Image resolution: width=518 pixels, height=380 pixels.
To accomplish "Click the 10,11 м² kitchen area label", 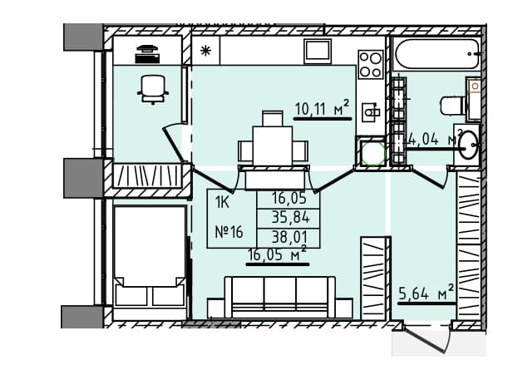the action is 322,108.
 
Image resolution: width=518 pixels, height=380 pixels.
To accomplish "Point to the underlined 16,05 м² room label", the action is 277,254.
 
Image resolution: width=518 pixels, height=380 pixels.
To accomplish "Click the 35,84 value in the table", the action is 290,217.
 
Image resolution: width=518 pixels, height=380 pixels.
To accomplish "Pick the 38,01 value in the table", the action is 289,237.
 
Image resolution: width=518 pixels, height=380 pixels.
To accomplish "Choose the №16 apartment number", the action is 229,232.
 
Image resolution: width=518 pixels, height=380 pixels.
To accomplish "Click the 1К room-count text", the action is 222,202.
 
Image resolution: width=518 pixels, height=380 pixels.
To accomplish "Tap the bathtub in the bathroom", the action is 436,54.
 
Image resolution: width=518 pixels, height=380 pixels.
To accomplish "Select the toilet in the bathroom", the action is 453,105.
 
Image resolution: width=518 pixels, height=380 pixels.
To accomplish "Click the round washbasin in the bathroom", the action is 468,145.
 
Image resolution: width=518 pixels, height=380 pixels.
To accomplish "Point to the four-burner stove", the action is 371,64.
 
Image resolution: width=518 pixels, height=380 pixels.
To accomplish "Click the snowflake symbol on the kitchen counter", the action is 206,51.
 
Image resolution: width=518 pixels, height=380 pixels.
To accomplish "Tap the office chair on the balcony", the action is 153,89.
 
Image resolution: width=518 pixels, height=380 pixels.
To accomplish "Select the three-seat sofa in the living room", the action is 280,298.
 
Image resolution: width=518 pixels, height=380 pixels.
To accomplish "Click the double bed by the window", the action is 150,256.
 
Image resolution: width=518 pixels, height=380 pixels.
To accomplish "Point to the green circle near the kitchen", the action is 373,154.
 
